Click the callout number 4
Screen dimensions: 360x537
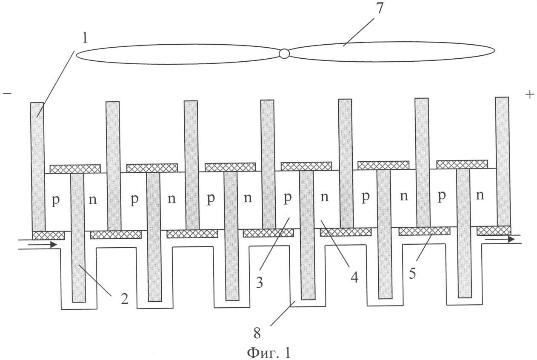click(x=354, y=277)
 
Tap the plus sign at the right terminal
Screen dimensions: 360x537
click(x=529, y=94)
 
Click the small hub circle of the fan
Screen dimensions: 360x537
click(x=284, y=53)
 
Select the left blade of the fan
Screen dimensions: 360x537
click(x=179, y=54)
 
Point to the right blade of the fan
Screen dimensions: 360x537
click(x=389, y=51)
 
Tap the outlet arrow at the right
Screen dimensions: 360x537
click(x=500, y=239)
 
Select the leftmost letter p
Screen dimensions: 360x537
click(x=55, y=200)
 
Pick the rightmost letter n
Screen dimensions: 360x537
click(x=480, y=196)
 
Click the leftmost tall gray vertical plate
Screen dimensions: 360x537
click(x=37, y=166)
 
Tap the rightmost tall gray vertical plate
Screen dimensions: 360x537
click(x=503, y=162)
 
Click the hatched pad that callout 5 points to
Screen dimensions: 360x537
click(x=424, y=231)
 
